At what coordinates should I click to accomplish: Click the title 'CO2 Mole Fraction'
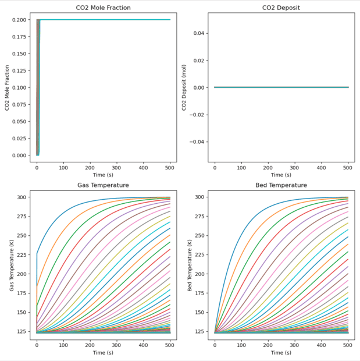[104, 8]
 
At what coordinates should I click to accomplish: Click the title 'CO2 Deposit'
[281, 8]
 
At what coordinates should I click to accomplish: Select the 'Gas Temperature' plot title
[104, 185]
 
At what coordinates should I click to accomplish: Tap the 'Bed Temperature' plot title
[281, 185]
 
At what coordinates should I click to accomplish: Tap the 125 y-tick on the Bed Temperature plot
[199, 331]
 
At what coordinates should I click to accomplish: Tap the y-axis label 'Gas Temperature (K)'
[7, 264]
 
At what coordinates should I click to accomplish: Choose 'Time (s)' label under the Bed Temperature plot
[281, 353]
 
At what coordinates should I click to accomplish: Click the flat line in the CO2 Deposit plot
[281, 87]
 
